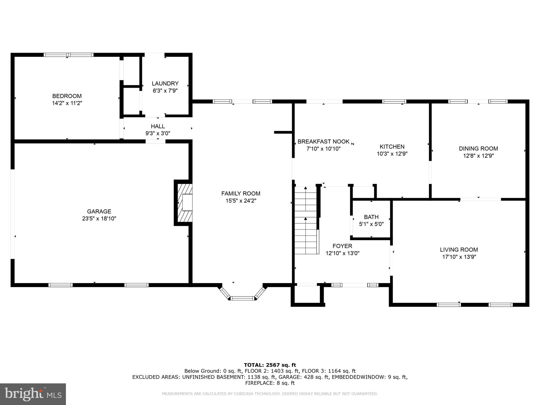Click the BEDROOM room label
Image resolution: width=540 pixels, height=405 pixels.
coord(67,96)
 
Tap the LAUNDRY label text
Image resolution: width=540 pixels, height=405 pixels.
coord(165,84)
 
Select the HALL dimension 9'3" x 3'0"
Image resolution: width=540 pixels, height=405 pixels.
coord(158,133)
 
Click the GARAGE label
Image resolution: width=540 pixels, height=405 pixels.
coord(99,211)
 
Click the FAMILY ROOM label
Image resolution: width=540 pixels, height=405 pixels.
coord(241,194)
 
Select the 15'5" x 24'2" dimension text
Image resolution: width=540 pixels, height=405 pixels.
coord(241,201)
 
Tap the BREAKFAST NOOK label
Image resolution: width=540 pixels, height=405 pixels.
coord(323,142)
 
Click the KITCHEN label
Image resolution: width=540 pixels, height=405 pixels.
coord(392,147)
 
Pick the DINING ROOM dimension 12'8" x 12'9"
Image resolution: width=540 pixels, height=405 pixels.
coord(478,156)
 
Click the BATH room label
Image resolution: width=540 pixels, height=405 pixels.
coord(371,217)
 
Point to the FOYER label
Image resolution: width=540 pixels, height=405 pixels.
coord(342,246)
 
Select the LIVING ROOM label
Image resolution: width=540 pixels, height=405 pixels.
coord(459,249)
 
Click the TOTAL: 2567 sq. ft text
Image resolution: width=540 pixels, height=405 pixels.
coord(270,365)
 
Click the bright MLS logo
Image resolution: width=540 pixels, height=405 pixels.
coord(33,394)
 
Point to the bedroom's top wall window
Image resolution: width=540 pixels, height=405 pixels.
coord(69,55)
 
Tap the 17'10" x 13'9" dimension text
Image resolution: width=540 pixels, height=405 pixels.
coord(459,257)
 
